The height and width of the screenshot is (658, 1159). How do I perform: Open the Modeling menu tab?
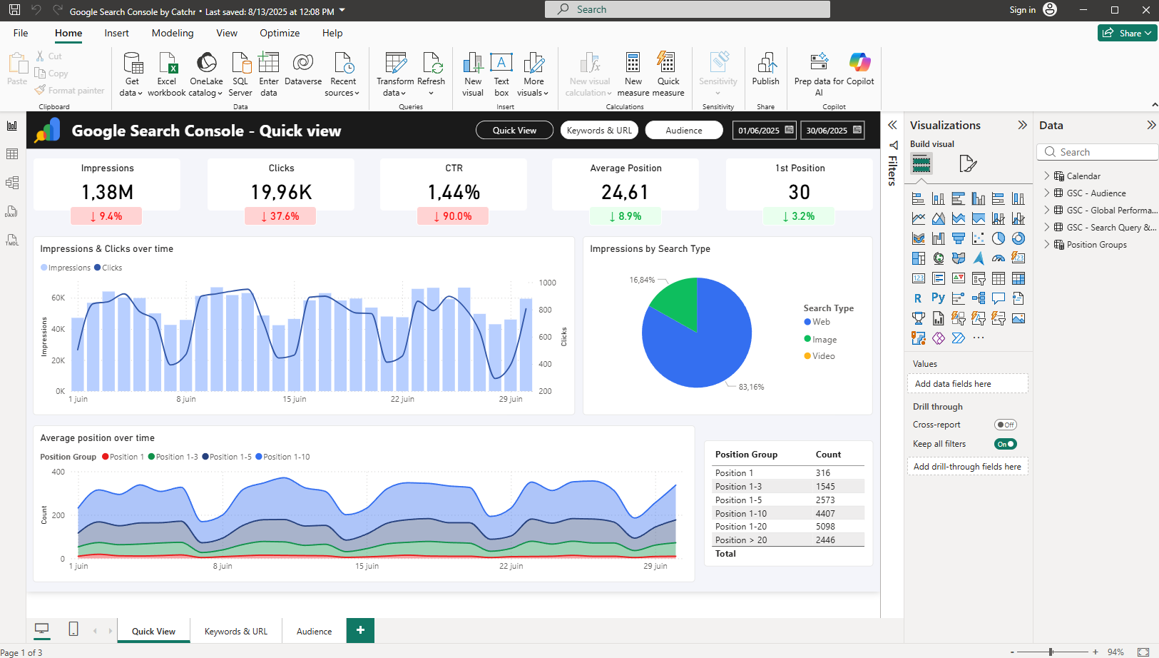pos(173,33)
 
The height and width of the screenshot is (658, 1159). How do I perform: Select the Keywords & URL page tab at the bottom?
pos(235,632)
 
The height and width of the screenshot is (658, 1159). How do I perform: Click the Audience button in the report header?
pos(683,131)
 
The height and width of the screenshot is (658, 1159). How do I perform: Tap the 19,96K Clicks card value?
pos(281,192)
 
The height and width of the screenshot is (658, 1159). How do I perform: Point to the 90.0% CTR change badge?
pos(453,216)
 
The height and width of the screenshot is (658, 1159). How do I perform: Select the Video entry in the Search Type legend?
pos(823,356)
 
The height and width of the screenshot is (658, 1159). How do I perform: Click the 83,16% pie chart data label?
pos(751,387)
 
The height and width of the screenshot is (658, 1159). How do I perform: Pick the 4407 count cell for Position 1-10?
pos(825,514)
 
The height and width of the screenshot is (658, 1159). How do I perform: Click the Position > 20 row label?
pos(741,540)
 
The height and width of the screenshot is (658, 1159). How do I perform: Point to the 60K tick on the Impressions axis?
pos(58,298)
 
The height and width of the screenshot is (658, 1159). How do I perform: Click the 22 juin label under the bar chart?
pos(402,399)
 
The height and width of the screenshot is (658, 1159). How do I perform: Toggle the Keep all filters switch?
pos(1005,444)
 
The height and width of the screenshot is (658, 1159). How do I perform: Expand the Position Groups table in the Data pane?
pos(1047,245)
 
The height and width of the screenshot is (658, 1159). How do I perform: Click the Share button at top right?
pos(1127,33)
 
